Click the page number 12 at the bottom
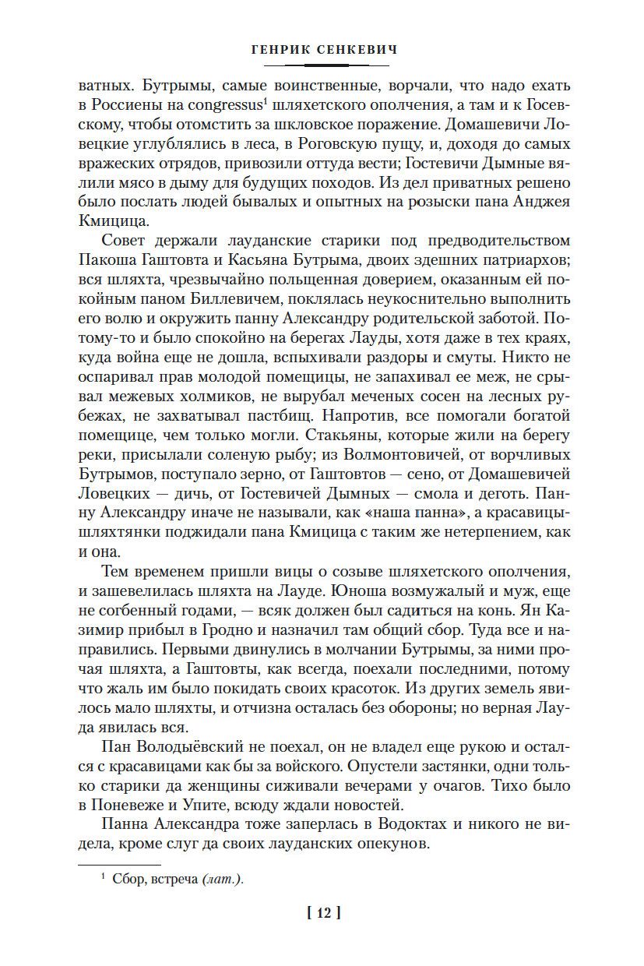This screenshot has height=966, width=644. coord(325,913)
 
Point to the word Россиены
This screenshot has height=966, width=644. coord(127,105)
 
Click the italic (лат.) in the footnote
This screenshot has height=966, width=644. coord(222,880)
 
